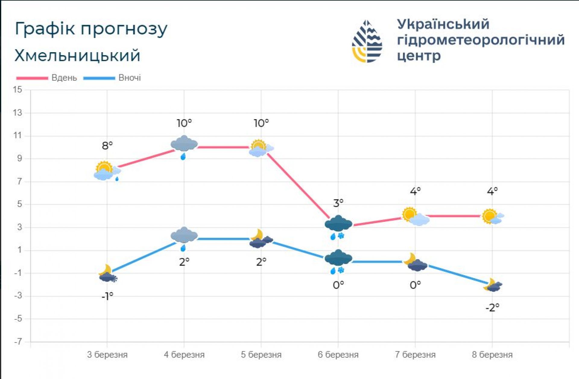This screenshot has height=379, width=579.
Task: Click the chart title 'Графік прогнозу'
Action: click(x=91, y=29)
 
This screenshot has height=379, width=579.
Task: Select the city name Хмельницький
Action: click(x=77, y=56)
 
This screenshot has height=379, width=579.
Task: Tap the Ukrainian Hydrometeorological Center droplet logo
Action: click(x=367, y=41)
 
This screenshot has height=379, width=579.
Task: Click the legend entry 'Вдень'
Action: click(x=64, y=78)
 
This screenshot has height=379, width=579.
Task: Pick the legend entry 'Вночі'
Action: click(x=129, y=78)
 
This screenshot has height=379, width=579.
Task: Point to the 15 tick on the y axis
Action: click(x=17, y=90)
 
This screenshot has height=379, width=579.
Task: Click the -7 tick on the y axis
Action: click(x=18, y=342)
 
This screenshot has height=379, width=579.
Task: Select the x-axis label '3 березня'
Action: click(x=107, y=355)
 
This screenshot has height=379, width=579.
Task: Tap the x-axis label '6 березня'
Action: click(x=338, y=355)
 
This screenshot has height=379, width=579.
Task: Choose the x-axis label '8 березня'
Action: click(x=492, y=355)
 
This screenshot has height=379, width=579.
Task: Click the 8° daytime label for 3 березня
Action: click(x=107, y=146)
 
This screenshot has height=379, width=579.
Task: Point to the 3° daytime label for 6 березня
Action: click(x=338, y=203)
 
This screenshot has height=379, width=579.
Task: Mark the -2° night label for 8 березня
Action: click(x=492, y=307)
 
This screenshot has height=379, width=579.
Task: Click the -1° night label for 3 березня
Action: click(x=107, y=296)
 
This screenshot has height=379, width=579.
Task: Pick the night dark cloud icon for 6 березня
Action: click(x=338, y=259)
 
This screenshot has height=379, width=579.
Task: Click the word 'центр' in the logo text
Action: click(x=419, y=56)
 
